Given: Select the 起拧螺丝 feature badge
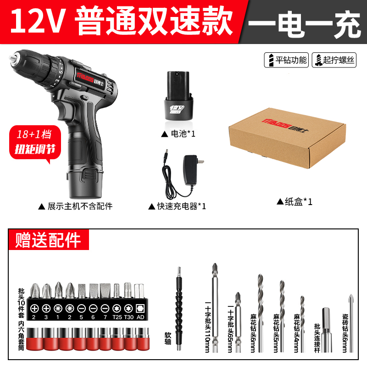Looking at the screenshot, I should pyautogui.click(x=334, y=60).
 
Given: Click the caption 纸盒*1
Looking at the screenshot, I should pyautogui.click(x=295, y=201).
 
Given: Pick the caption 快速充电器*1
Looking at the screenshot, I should pyautogui.click(x=177, y=206).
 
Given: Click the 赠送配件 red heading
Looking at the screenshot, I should pyautogui.click(x=48, y=239).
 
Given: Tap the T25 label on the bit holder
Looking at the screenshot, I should pyautogui.click(x=116, y=317).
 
